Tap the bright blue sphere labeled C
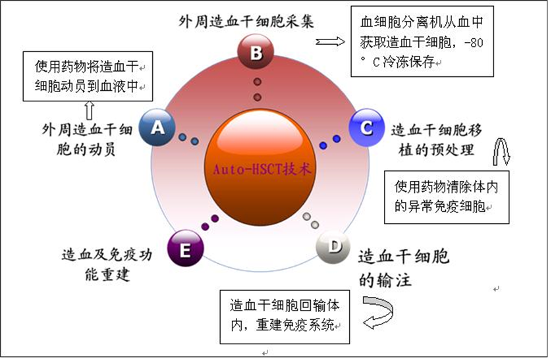coord(364,126)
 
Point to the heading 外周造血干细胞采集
coord(246,20)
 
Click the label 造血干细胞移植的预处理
coord(431,140)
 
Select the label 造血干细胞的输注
coord(403,268)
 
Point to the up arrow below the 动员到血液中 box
coord(88,109)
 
